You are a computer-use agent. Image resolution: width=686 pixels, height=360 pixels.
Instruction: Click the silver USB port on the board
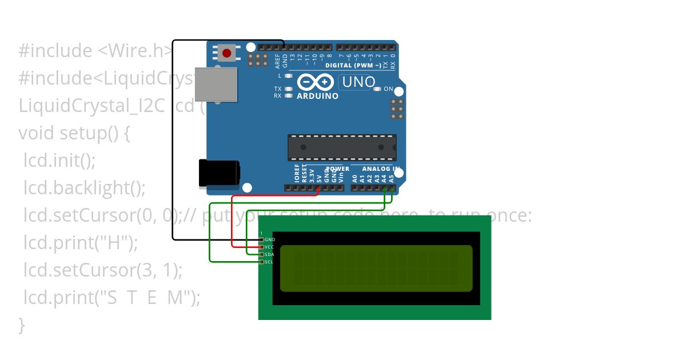[216, 84]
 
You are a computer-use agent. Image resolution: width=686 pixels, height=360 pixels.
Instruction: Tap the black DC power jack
[218, 173]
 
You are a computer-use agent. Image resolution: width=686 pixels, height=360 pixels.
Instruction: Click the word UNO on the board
[358, 82]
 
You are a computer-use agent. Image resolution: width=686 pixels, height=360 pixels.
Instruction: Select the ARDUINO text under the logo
[317, 96]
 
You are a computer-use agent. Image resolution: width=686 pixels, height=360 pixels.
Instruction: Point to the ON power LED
[377, 89]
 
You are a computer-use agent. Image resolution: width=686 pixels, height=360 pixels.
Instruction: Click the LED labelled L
[288, 75]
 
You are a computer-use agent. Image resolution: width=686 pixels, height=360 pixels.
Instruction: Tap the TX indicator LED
[288, 89]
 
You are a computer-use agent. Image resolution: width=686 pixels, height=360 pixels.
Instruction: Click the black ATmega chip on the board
[341, 147]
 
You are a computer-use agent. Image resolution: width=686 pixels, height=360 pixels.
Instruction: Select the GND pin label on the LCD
[270, 239]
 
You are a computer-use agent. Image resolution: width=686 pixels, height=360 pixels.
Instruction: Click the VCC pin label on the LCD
[270, 247]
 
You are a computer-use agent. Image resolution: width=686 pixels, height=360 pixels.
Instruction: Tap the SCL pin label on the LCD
[269, 262]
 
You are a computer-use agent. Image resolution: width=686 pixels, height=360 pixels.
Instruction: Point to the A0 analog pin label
[355, 178]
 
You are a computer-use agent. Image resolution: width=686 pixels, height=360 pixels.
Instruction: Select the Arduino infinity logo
[316, 82]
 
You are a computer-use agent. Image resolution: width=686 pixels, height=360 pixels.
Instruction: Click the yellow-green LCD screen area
[376, 268]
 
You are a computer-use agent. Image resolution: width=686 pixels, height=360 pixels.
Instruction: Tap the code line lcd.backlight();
[85, 187]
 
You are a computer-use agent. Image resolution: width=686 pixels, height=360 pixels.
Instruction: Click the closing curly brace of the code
[22, 325]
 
